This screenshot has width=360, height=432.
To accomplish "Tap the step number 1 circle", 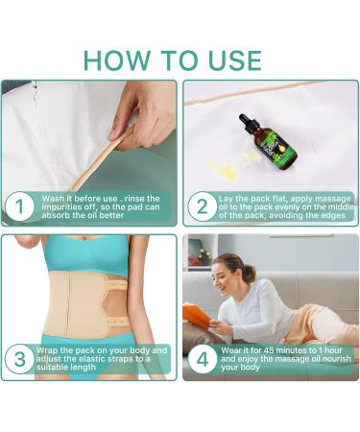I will pos(19,205).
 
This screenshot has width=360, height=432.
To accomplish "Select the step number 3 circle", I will pos(19,360).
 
